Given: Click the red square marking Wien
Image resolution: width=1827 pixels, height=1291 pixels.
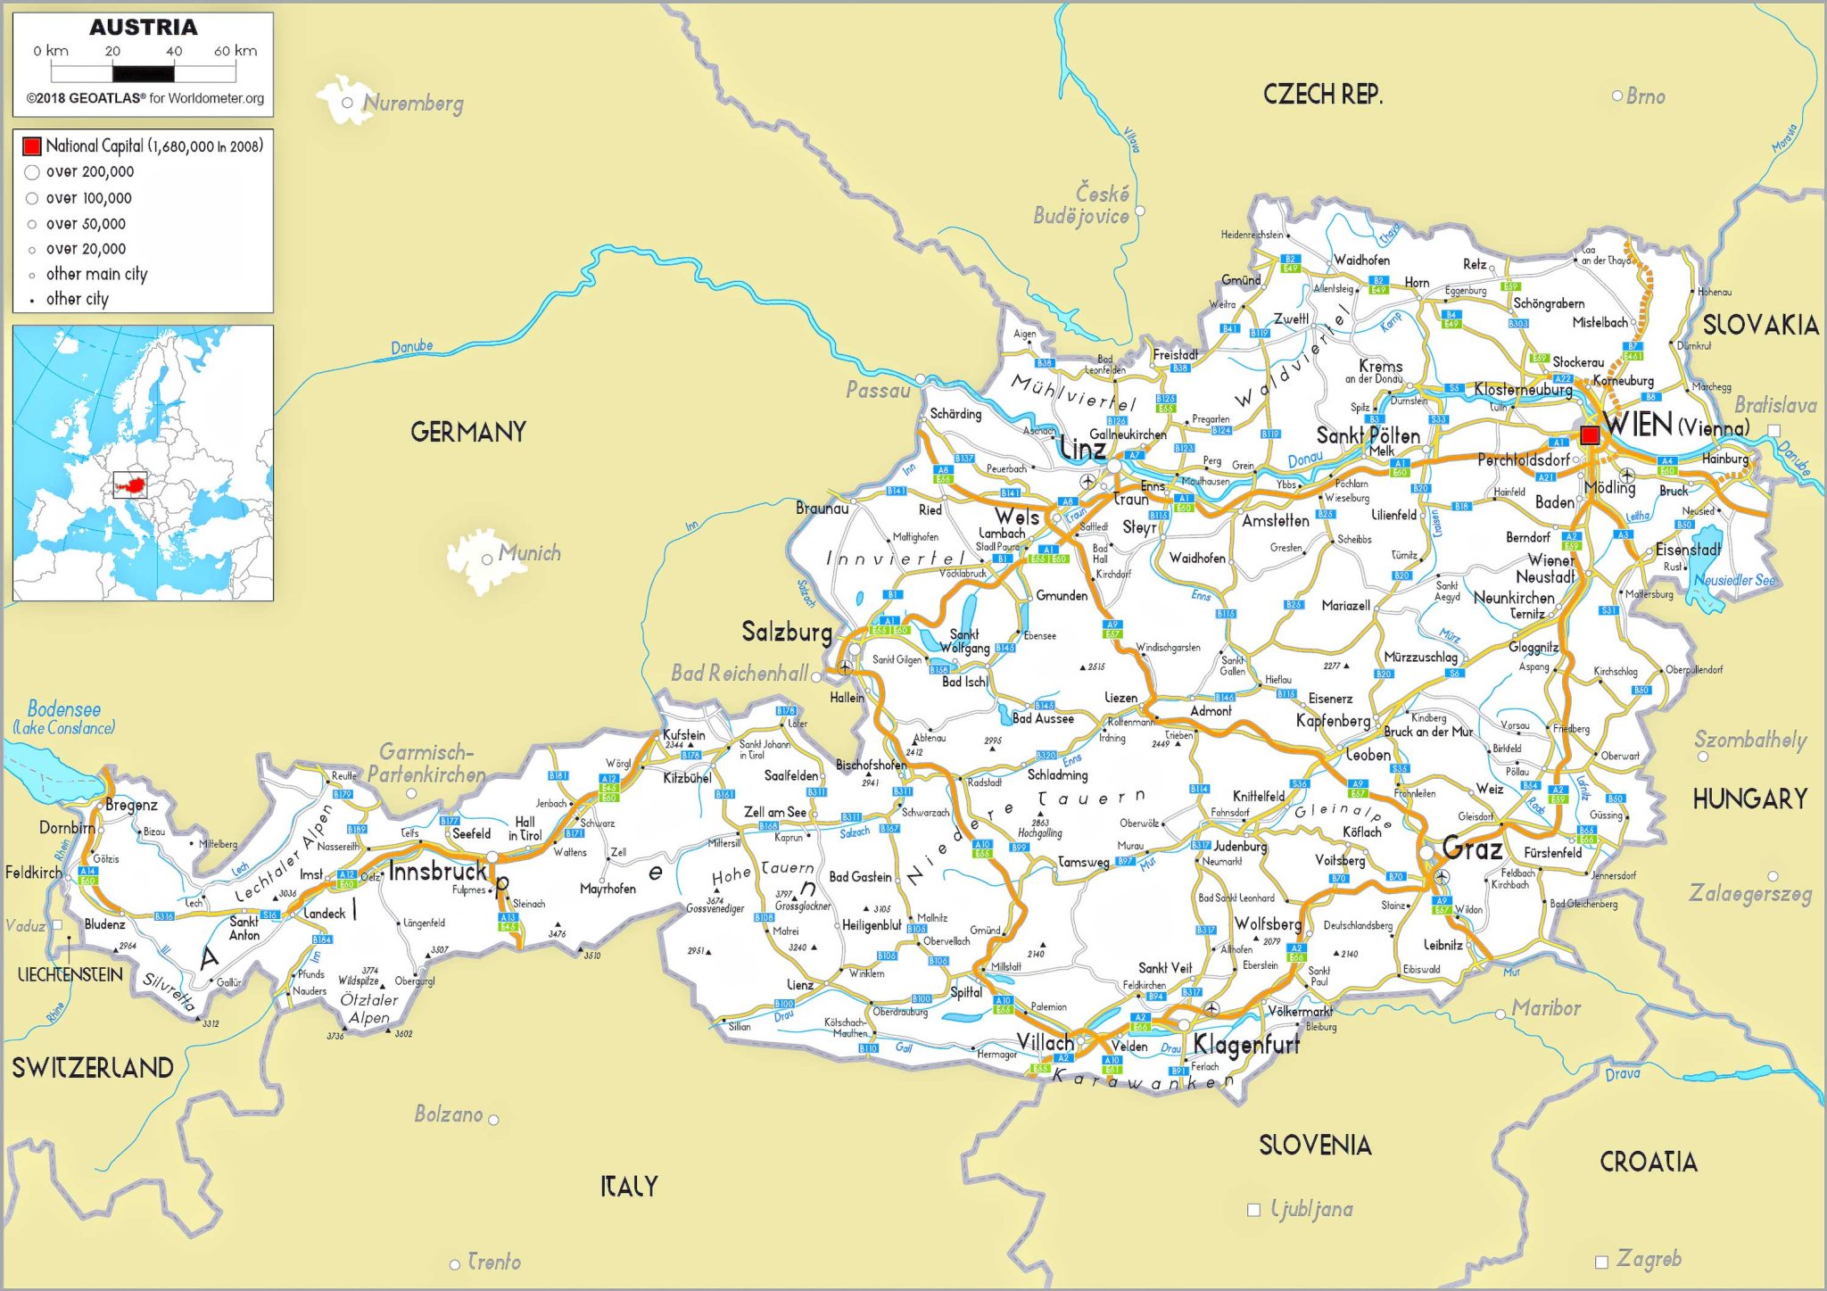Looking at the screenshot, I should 1589,434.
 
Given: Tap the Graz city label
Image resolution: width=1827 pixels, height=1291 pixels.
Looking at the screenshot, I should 1472,848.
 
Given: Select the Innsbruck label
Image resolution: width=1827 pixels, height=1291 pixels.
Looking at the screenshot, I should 438,871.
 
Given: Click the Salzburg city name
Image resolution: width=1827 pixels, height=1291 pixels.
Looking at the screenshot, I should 787,632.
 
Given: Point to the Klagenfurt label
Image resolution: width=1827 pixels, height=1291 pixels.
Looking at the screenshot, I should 1245,1043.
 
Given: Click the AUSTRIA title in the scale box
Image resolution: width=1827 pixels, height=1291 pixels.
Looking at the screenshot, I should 143,28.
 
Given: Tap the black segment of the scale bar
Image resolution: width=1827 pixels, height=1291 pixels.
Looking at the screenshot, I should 144,73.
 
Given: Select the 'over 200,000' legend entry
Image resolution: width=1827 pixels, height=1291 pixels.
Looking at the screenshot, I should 89,171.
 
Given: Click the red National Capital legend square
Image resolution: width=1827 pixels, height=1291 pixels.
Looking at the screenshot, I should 32,145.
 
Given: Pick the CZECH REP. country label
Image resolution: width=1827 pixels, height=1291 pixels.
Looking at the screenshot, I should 1322,94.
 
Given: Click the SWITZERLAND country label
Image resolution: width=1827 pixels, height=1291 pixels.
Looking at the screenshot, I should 92,1067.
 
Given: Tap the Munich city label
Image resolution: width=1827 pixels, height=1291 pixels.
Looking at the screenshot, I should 529,553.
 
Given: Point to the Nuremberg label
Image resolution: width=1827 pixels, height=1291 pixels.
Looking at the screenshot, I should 413,103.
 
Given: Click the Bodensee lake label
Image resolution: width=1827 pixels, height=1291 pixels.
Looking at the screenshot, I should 63,710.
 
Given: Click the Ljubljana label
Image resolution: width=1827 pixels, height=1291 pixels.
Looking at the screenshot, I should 1311,1209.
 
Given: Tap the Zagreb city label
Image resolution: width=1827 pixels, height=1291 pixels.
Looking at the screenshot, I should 1649,1259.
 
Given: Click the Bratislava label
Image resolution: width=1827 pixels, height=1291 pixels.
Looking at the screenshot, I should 1774,406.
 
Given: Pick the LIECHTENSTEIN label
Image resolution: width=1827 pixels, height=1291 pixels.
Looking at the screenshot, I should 70,974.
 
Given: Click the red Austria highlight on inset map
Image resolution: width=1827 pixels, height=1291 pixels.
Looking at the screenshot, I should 130,485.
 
